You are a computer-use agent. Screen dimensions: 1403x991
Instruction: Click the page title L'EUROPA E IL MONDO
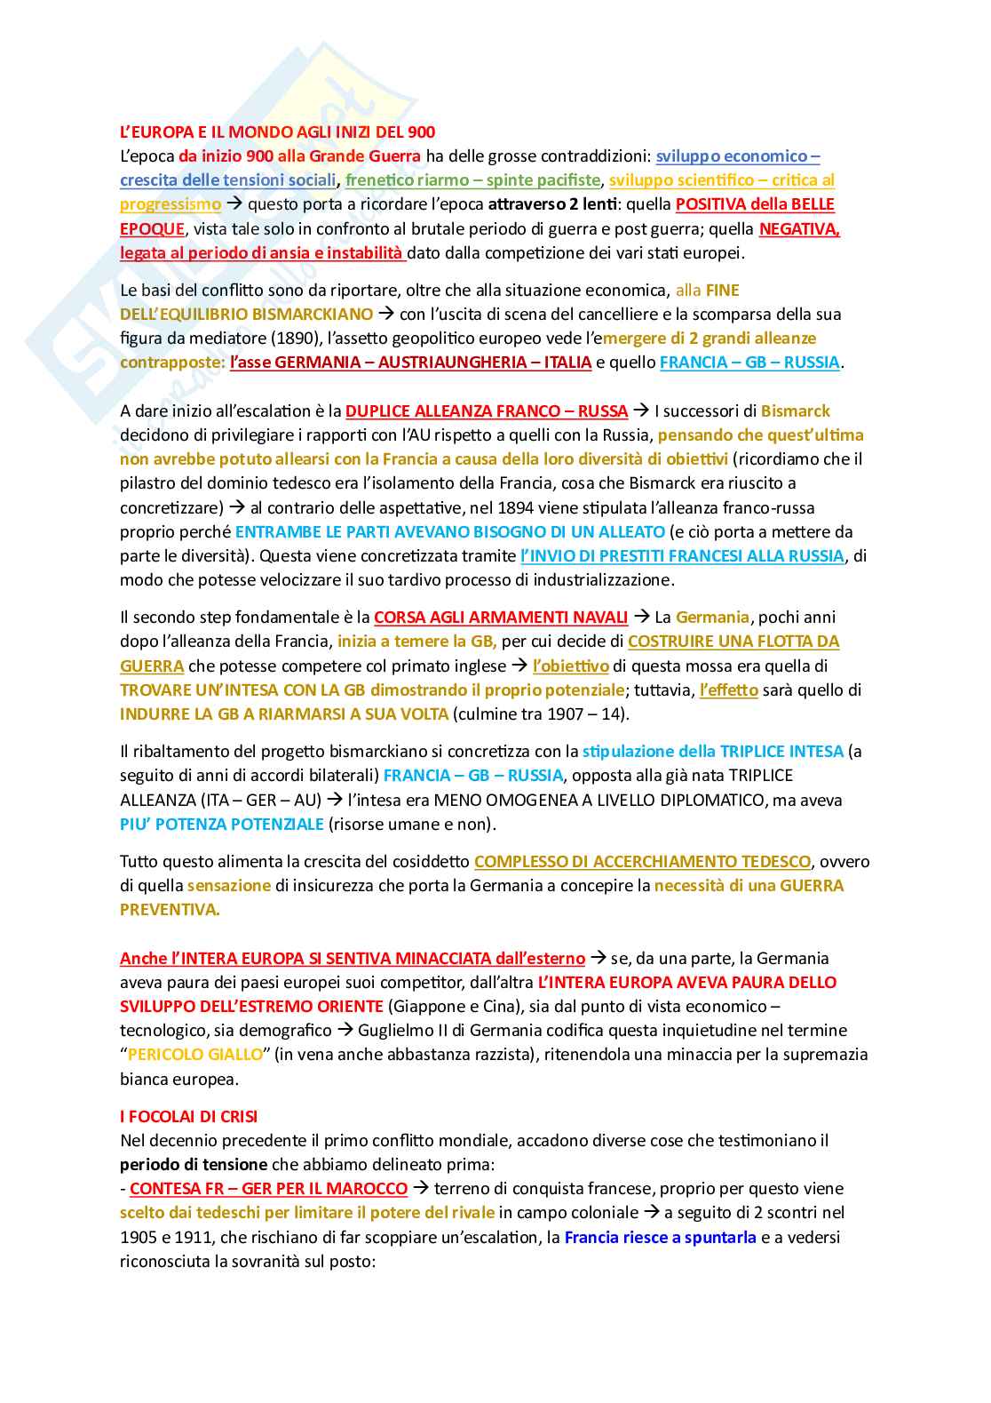click(x=277, y=132)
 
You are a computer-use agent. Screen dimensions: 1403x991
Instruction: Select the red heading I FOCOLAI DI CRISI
click(x=188, y=1116)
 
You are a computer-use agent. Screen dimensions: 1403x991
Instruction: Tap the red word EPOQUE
click(x=152, y=228)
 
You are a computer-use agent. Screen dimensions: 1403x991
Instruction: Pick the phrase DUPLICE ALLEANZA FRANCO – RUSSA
click(x=487, y=411)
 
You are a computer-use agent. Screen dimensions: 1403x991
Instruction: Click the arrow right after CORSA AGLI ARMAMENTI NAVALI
click(x=641, y=617)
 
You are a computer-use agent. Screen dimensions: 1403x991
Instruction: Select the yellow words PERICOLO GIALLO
click(x=195, y=1055)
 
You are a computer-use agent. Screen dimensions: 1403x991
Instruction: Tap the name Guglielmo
click(x=397, y=1031)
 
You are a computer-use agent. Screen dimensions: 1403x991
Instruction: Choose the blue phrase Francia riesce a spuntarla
click(x=661, y=1237)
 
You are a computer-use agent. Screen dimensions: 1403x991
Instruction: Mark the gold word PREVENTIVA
click(x=169, y=910)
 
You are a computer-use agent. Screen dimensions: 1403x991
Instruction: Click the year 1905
click(x=139, y=1237)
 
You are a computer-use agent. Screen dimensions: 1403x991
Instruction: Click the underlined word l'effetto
click(x=728, y=690)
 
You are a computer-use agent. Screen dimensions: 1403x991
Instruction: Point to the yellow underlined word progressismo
click(x=170, y=204)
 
